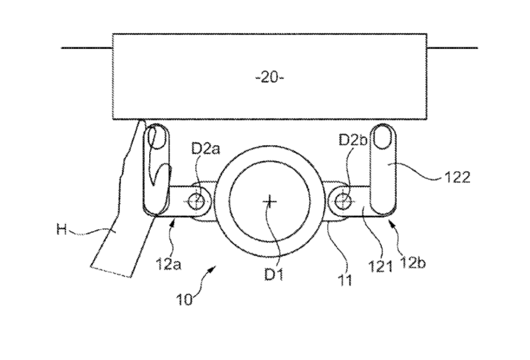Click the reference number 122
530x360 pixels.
tap(457, 177)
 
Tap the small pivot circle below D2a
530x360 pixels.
tap(198, 201)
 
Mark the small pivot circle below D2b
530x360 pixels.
tap(342, 200)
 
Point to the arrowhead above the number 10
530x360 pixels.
tap(214, 272)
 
